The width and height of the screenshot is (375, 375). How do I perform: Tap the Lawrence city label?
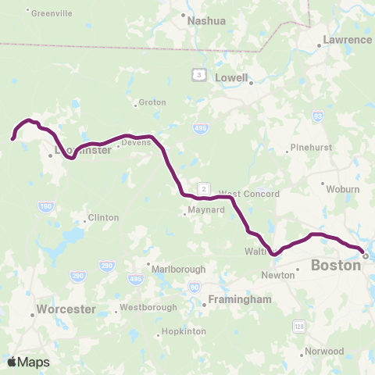click(x=347, y=39)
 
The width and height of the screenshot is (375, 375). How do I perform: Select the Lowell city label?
click(x=232, y=78)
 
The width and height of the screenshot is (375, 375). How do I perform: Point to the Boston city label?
click(x=336, y=266)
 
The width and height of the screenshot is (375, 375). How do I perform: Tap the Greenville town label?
click(x=52, y=12)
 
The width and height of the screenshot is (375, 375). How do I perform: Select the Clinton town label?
click(x=103, y=217)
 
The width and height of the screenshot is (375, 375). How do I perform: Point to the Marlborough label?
click(x=179, y=268)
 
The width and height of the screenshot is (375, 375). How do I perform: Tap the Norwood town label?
click(x=325, y=352)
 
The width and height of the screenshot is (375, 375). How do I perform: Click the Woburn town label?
click(x=344, y=188)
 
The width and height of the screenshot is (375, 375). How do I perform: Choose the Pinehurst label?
click(x=310, y=147)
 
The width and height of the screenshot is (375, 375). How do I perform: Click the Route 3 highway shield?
click(x=200, y=75)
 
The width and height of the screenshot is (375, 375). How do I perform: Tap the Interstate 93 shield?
click(x=317, y=116)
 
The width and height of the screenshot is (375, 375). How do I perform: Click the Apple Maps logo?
click(x=28, y=362)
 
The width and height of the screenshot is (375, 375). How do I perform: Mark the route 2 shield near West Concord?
click(x=204, y=188)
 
